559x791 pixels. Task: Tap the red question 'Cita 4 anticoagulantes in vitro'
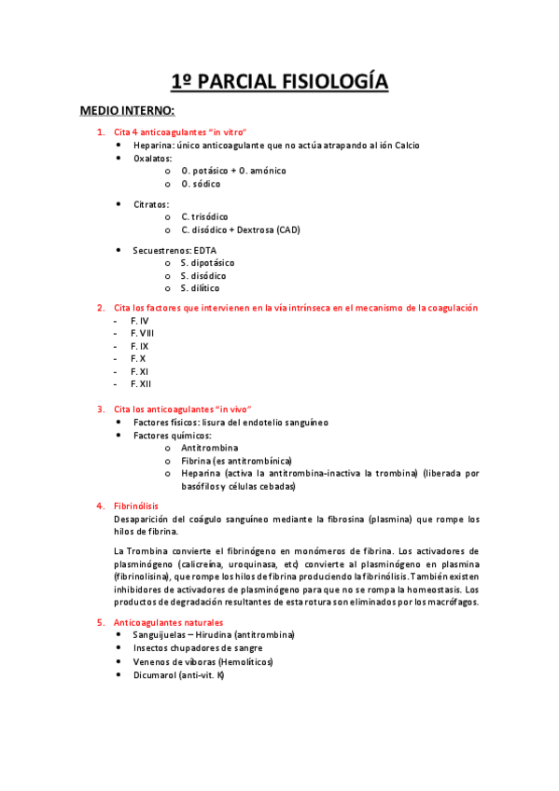(x=180, y=132)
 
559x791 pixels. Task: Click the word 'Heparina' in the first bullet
(x=153, y=146)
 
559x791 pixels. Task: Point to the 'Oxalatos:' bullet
(x=153, y=159)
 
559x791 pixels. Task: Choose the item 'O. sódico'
(x=201, y=184)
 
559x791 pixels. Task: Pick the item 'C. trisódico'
(x=204, y=216)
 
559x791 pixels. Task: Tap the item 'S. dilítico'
(x=201, y=288)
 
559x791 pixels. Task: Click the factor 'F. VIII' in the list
(x=143, y=333)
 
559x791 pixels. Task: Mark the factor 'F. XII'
(x=141, y=383)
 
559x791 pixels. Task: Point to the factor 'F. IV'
(x=140, y=321)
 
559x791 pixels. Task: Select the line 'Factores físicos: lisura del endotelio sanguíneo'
(x=231, y=423)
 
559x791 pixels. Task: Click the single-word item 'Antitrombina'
(x=209, y=448)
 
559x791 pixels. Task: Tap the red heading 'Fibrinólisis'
(x=136, y=507)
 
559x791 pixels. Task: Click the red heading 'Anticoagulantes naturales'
(x=168, y=622)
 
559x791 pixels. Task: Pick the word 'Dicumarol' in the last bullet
(x=156, y=674)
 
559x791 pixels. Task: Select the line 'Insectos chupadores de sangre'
(x=197, y=647)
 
